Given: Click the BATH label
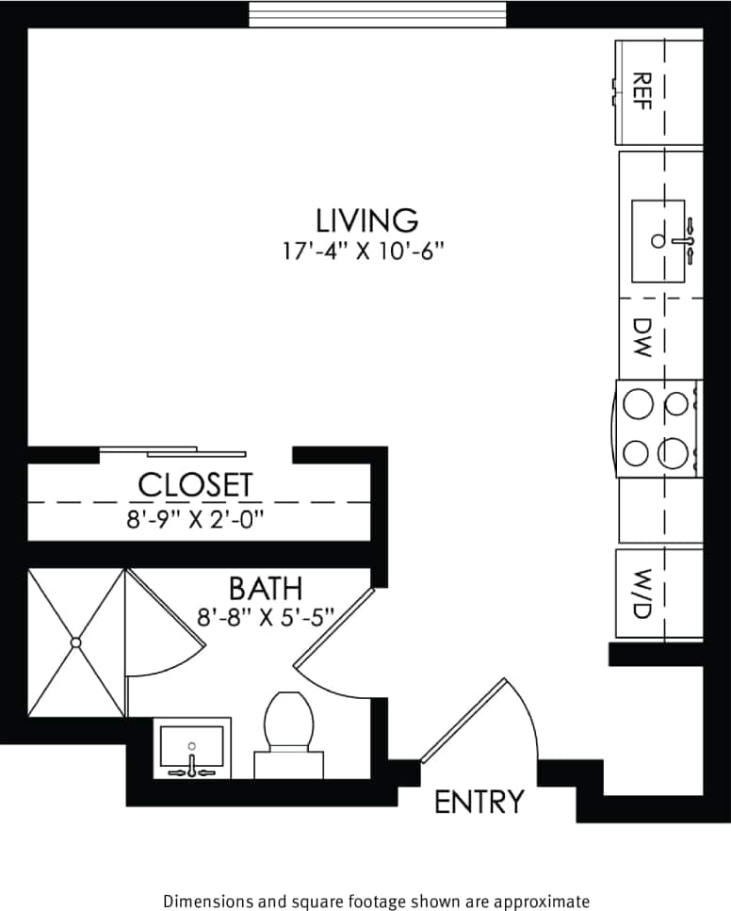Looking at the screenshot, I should tap(266, 589).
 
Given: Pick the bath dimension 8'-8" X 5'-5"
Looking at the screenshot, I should tap(266, 621).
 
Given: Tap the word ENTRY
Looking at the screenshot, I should tap(478, 802).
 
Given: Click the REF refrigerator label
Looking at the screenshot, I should tap(642, 91).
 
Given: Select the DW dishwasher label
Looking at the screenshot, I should tap(642, 338).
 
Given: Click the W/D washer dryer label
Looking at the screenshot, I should tap(642, 592).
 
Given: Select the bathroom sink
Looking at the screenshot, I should tap(192, 746).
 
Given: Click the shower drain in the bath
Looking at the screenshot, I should tap(75, 643).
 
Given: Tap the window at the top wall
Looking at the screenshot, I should tap(377, 14).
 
